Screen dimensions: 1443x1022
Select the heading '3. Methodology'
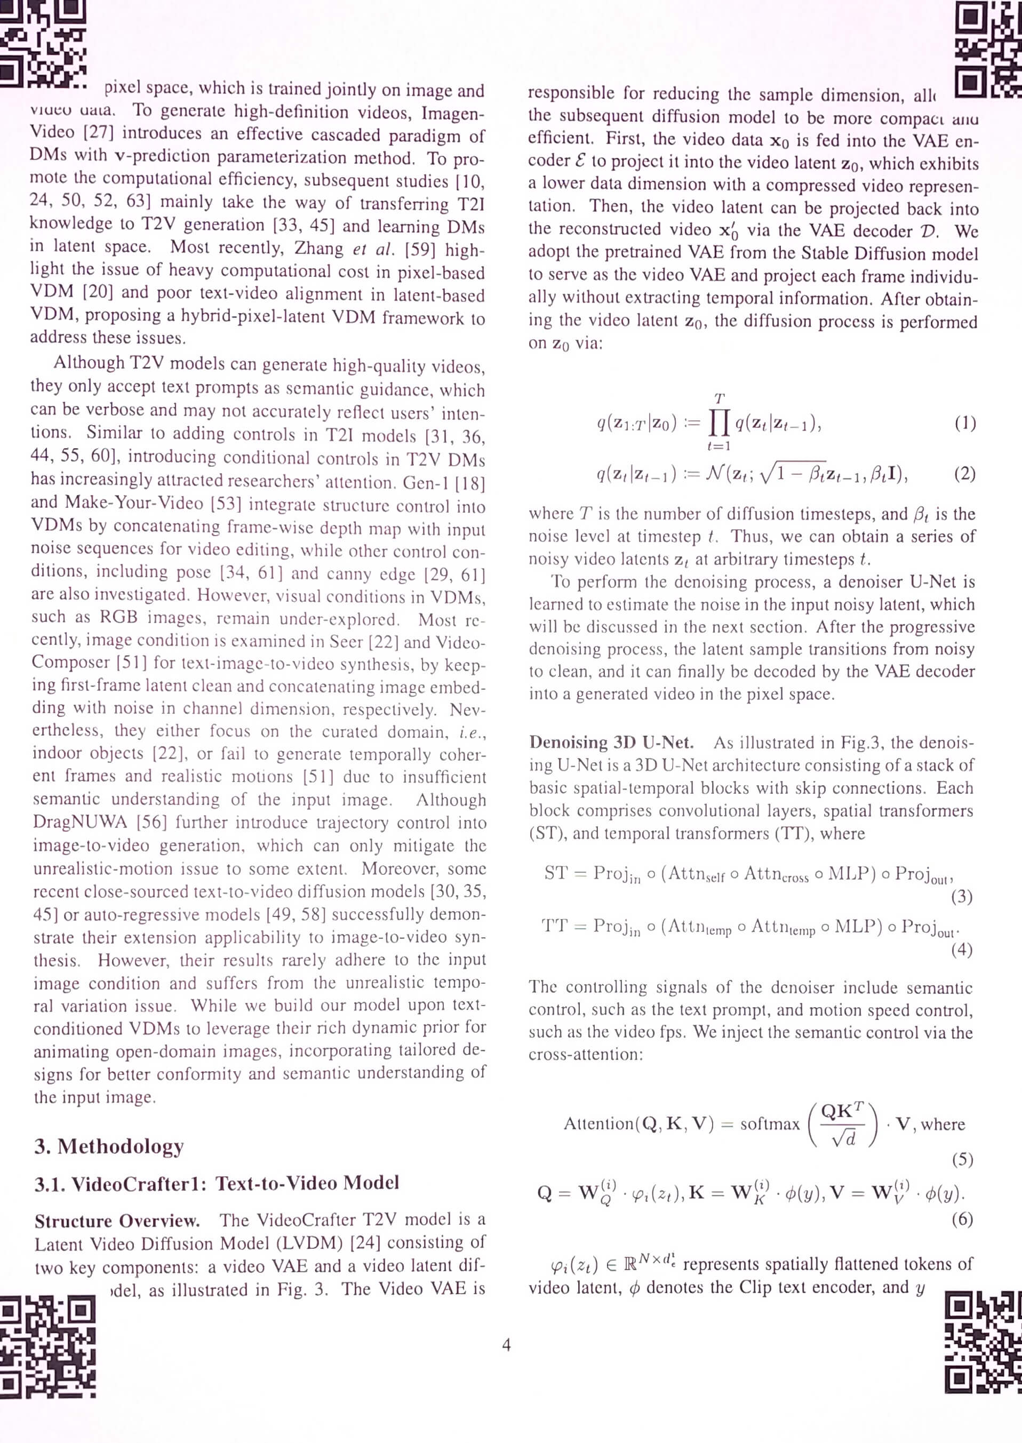click(x=109, y=1146)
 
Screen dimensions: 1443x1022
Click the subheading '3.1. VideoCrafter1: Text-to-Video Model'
click(x=217, y=1183)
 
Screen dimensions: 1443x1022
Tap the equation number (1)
click(x=965, y=422)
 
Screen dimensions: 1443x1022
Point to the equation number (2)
click(x=965, y=473)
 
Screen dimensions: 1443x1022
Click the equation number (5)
click(x=962, y=1159)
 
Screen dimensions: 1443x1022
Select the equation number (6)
click(x=962, y=1219)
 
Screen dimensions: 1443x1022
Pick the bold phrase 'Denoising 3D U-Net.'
click(x=611, y=743)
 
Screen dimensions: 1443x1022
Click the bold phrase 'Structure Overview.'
click(x=117, y=1221)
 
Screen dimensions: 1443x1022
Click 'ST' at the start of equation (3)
click(x=556, y=873)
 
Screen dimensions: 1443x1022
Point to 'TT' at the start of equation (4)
click(x=554, y=926)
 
